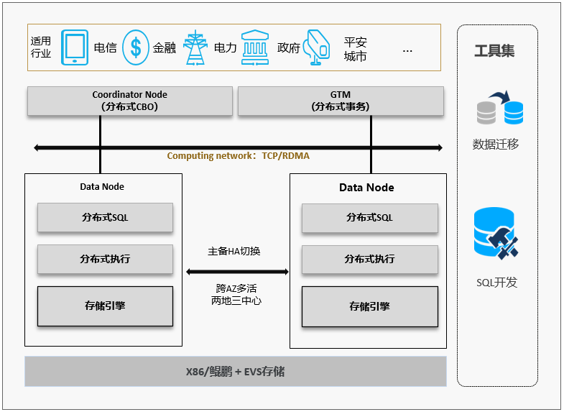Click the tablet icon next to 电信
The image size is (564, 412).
(75, 47)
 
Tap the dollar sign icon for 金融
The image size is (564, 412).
(136, 47)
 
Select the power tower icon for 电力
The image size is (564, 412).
(195, 47)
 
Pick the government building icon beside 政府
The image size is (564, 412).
(255, 47)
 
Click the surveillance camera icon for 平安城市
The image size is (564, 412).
(317, 47)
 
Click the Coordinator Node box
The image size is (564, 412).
(130, 101)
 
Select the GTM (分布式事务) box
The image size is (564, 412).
(341, 101)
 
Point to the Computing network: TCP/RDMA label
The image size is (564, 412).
(238, 156)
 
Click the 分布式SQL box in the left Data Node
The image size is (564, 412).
(105, 217)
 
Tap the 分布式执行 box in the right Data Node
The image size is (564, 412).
(370, 259)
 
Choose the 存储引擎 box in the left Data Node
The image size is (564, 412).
(105, 306)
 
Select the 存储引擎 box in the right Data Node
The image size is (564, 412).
(370, 306)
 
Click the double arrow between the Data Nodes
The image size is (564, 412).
(237, 272)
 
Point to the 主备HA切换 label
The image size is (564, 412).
(234, 251)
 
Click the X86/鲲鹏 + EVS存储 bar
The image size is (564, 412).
(236, 371)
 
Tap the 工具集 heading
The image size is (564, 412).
(494, 51)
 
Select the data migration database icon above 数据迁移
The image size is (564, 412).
(500, 107)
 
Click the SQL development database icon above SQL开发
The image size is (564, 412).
(496, 233)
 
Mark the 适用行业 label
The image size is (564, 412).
(41, 47)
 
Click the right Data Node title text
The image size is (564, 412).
(366, 188)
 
